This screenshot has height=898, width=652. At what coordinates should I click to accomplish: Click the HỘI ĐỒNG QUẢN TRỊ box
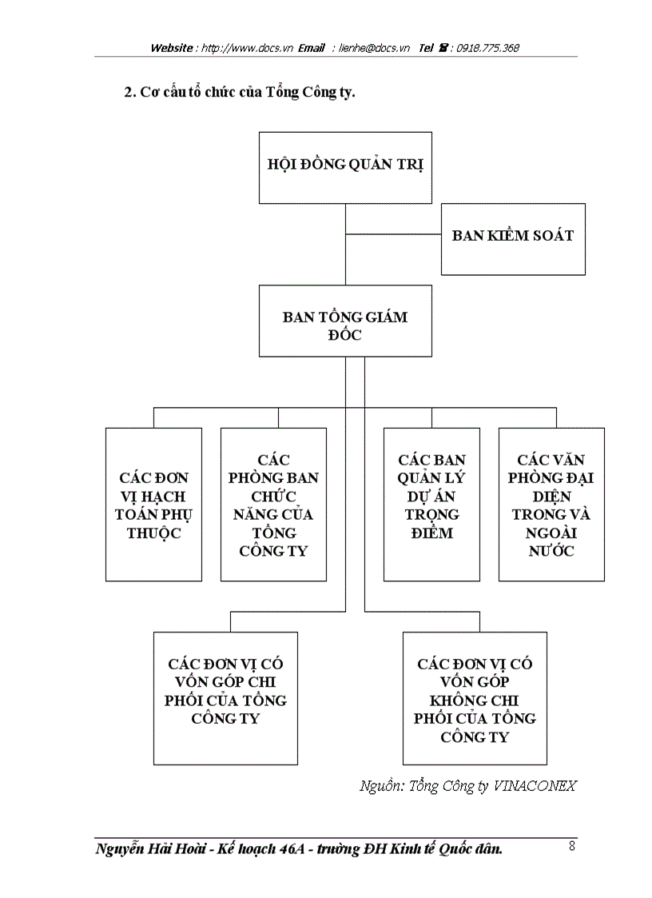point(345,167)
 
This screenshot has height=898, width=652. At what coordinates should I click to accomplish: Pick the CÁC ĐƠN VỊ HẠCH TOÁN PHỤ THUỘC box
point(153,504)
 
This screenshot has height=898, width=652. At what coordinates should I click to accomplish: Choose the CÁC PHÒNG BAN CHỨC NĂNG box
point(273,504)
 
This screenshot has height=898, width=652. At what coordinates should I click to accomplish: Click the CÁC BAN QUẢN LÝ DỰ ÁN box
point(431,504)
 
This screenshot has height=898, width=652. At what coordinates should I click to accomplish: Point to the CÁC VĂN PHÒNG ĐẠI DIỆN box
point(551,504)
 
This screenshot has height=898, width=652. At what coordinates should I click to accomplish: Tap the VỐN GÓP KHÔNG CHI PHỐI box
point(475,700)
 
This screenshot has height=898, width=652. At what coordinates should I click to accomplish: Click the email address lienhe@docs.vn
point(375,48)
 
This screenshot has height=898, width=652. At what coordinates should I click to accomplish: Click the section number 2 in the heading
point(128,92)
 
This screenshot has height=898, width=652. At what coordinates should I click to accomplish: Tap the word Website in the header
point(172,48)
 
